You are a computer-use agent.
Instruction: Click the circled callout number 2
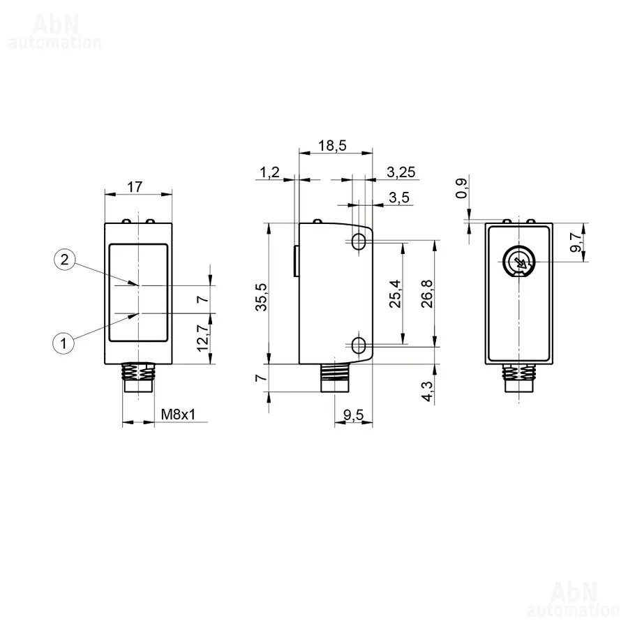pos(64,260)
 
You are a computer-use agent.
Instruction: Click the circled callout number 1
pos(63,343)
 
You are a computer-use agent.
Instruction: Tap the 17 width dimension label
pos(135,186)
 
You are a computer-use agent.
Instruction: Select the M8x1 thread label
pos(178,414)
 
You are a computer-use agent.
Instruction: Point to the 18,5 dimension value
pos(332,145)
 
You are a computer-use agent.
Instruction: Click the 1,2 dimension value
pos(269,172)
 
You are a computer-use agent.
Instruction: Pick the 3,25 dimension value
pos(401,172)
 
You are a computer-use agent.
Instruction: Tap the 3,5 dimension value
pos(399,197)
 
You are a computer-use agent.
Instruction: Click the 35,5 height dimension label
pos(262,297)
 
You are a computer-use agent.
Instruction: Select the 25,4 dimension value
pos(395,294)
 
